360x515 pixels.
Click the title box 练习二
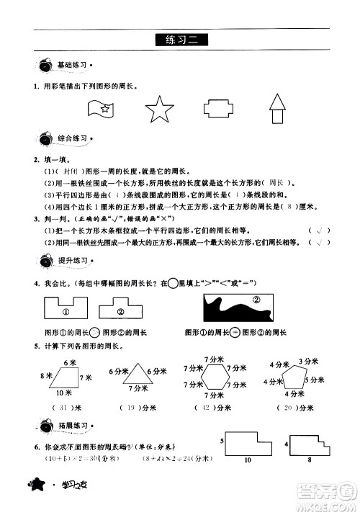pos(180,40)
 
